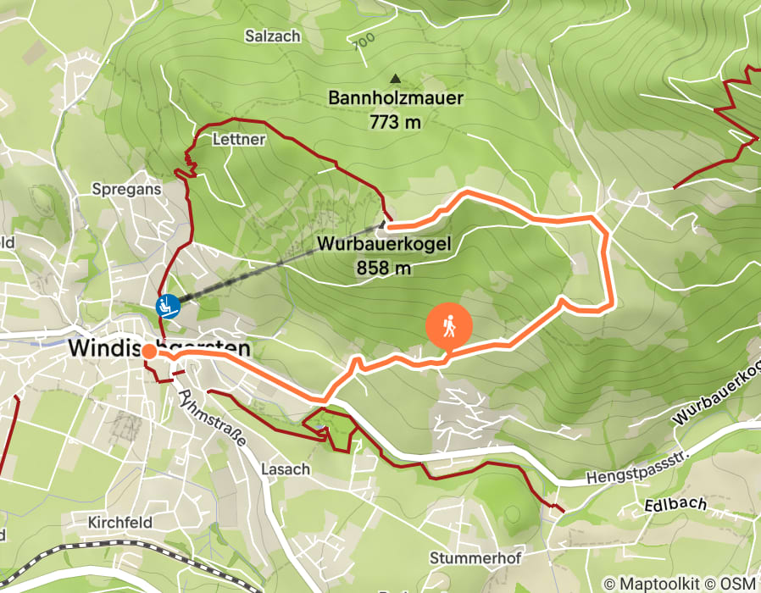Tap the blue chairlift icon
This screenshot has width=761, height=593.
coord(167,306)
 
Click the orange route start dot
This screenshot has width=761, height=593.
coord(148,351)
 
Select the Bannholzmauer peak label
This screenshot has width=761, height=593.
coord(396,98)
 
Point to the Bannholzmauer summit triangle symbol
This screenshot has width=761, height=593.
coord(394,79)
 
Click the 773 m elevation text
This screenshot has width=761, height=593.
coord(396,122)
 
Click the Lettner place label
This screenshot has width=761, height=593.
coord(241,139)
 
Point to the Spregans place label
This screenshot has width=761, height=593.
coord(126,190)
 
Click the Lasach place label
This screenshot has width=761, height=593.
coord(286,468)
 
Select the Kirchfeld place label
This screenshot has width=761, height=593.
coord(119,523)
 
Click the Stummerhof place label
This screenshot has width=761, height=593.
coord(475,557)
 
